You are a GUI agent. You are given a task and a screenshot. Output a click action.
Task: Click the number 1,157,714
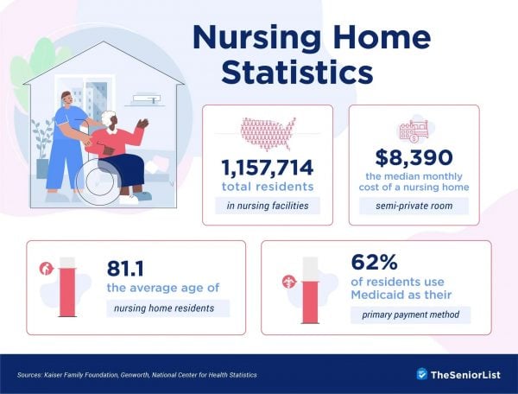click(267, 168)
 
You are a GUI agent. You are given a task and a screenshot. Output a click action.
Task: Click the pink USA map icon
click(267, 131)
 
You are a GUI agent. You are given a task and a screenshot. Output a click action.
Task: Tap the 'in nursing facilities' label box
click(267, 206)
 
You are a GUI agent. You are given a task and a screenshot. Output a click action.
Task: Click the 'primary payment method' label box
click(410, 315)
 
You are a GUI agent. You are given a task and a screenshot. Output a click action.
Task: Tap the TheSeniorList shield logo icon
click(421, 374)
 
